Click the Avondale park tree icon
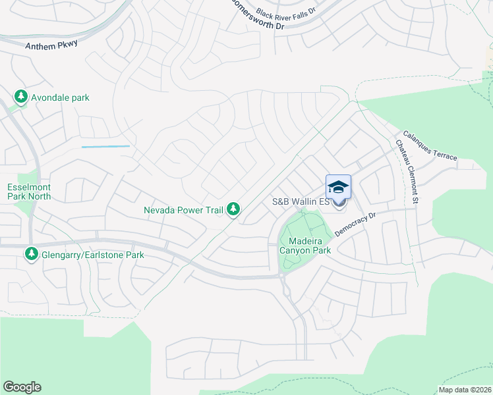tap(21, 97)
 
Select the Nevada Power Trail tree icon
tap(233, 209)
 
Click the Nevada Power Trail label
tap(184, 211)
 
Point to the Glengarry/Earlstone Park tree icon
tap(31, 253)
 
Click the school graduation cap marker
tap(338, 186)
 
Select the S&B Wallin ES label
tap(300, 202)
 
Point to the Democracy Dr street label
tap(355, 224)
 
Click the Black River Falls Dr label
tap(287, 13)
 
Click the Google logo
tap(22, 387)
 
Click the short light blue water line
tap(105, 146)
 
